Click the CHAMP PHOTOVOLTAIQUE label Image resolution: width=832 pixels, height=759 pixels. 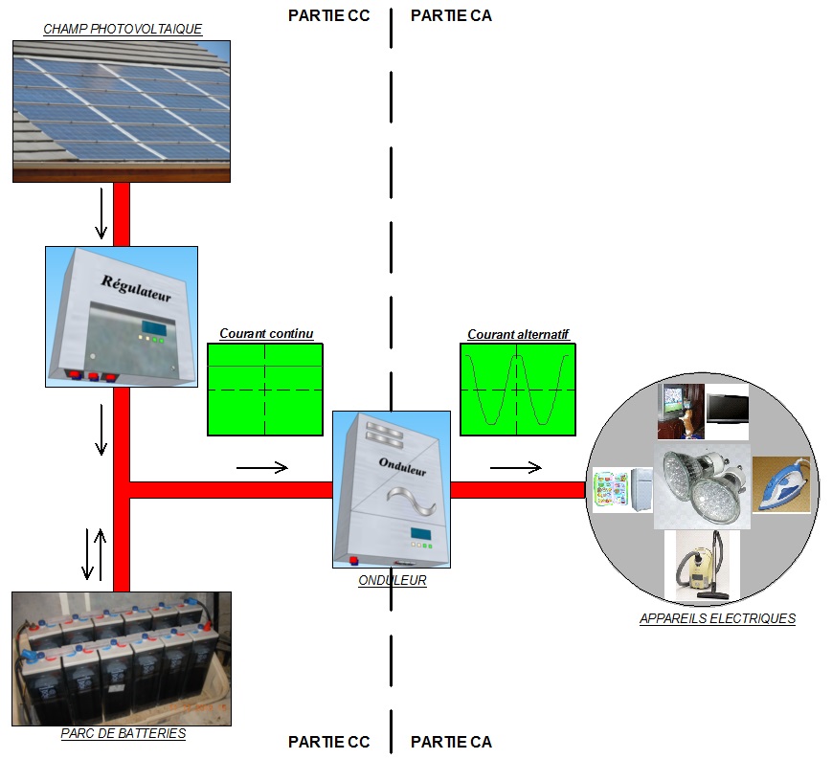pyautogui.click(x=123, y=29)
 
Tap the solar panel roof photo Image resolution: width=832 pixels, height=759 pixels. pyautogui.click(x=122, y=110)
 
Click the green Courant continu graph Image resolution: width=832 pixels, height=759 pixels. pyautogui.click(x=265, y=389)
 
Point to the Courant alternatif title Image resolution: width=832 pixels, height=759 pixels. pyautogui.click(x=518, y=334)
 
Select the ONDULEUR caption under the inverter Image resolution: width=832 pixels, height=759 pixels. pyautogui.click(x=392, y=580)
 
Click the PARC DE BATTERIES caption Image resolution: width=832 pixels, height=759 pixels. pyautogui.click(x=122, y=734)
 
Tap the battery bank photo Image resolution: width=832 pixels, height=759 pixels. pyautogui.click(x=122, y=659)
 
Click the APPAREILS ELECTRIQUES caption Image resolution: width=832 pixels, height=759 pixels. pyautogui.click(x=717, y=618)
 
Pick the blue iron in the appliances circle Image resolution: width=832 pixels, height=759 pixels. pyautogui.click(x=782, y=484)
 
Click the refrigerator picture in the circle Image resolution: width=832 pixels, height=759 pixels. pyautogui.click(x=623, y=489)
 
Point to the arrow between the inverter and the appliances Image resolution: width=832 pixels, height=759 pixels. pyautogui.click(x=516, y=467)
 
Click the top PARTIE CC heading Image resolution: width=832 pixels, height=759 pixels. pyautogui.click(x=328, y=15)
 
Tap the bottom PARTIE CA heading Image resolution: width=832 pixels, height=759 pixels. pyautogui.click(x=451, y=742)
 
